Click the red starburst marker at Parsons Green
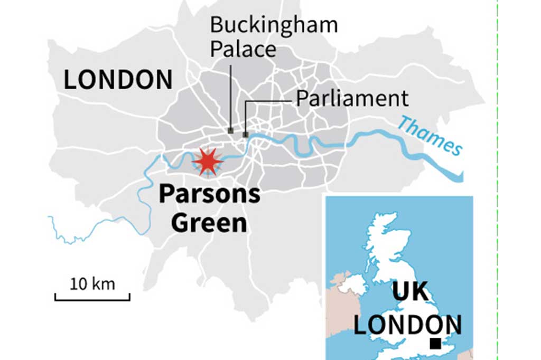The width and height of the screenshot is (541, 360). tap(208, 161)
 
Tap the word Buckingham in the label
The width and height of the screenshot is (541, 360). tap(274, 25)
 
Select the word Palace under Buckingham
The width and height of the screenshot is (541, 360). tap(243, 49)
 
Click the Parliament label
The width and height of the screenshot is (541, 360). tap(352, 99)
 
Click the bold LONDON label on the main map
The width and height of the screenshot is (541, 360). tap(118, 80)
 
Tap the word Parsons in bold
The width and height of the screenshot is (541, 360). tap(209, 194)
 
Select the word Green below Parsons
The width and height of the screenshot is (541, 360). tap(209, 223)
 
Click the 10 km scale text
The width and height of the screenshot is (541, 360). tap(92, 284)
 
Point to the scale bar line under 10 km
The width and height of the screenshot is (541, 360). tap(92, 299)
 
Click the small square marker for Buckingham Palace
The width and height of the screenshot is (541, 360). tap(230, 130)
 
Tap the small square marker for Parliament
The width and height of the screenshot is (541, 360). tap(245, 135)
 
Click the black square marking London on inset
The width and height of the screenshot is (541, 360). tap(435, 344)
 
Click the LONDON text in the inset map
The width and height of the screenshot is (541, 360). tap(407, 324)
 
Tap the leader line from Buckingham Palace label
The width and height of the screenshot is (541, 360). tap(230, 95)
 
